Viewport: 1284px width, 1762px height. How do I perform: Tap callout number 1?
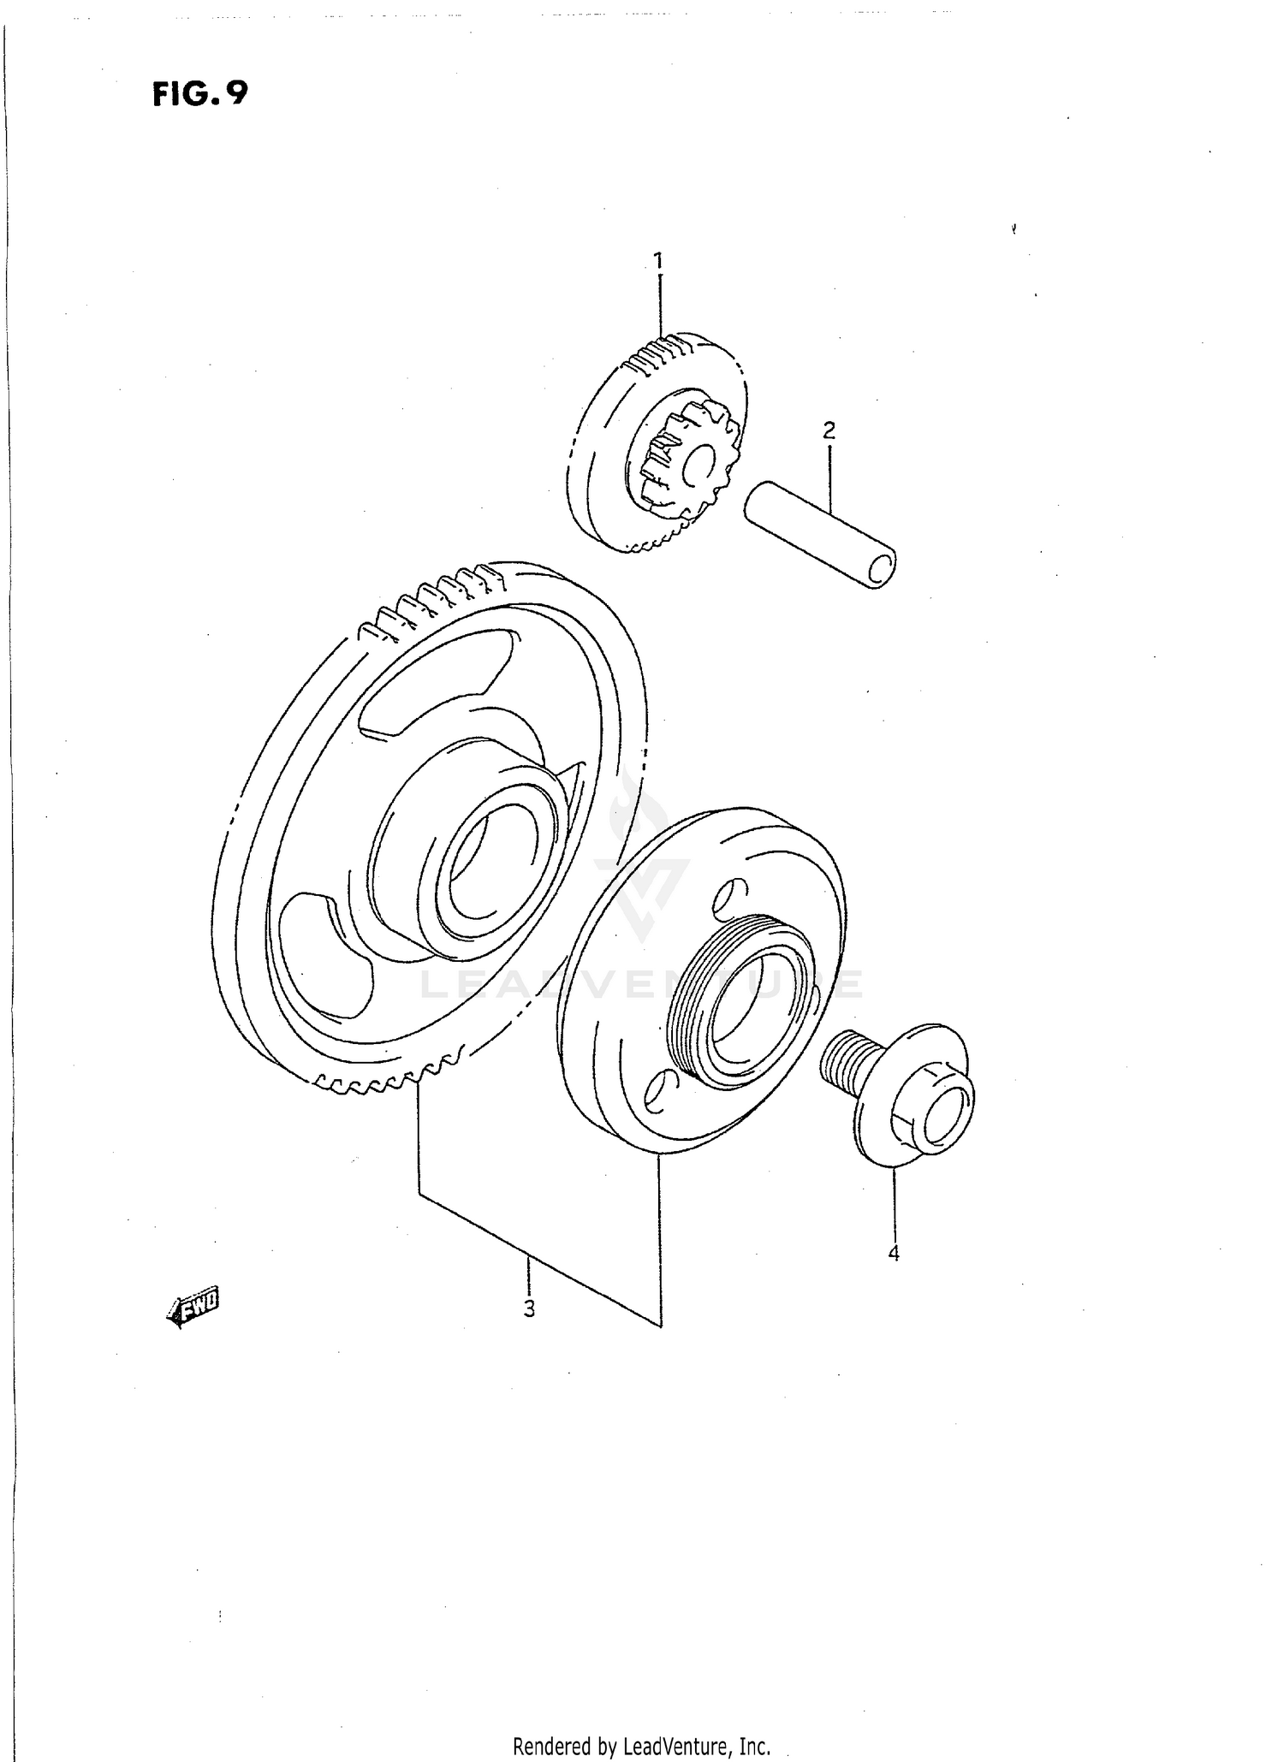click(658, 259)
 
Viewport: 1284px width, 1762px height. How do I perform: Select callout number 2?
click(829, 430)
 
